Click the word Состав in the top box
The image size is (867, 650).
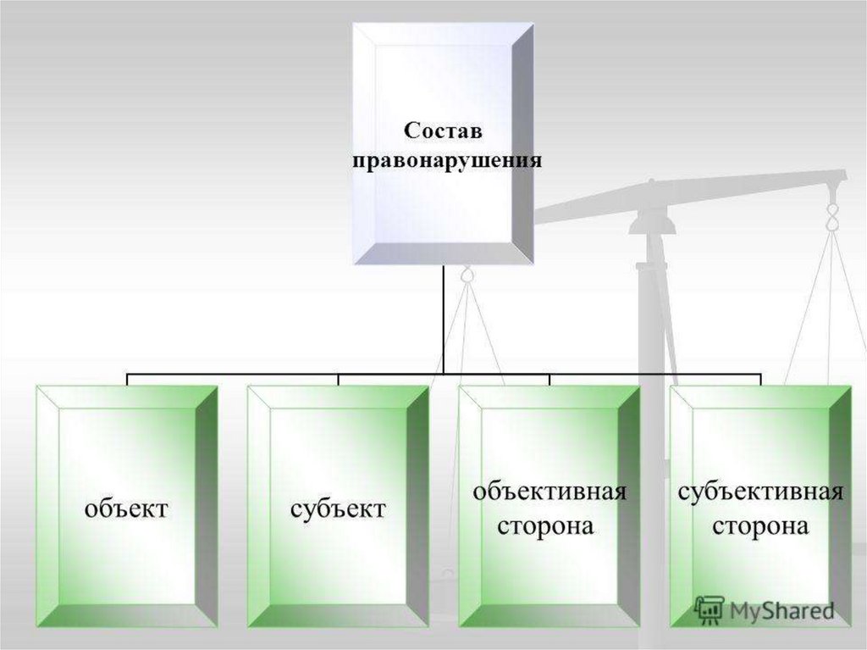point(442,131)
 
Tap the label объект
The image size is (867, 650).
point(126,508)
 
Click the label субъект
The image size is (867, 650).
point(338,508)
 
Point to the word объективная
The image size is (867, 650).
point(549,492)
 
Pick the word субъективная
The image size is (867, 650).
point(760,492)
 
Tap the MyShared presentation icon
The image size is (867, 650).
point(708,609)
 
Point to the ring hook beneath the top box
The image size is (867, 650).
point(467,275)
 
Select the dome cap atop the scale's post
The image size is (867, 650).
point(654,222)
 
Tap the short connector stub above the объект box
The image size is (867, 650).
point(127,379)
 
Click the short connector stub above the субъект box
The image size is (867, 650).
point(338,379)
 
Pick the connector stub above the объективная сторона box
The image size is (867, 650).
point(549,379)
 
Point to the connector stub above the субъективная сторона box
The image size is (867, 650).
point(760,379)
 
